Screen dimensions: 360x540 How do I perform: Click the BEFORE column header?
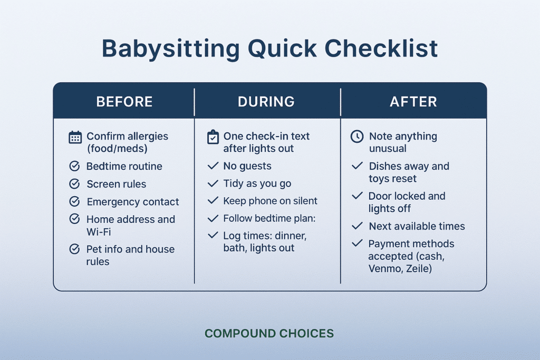(124, 102)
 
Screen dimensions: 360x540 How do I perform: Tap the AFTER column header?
(413, 102)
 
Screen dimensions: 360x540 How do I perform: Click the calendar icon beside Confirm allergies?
(75, 137)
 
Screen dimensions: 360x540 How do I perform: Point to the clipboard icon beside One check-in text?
(213, 137)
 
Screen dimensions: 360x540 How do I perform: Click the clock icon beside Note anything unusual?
(357, 137)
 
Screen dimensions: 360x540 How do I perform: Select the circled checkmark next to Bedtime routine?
(75, 167)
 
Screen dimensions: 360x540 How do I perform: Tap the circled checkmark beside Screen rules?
(75, 184)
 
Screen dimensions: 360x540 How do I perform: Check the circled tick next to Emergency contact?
(75, 202)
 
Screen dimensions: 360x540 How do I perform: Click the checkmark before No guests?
(213, 166)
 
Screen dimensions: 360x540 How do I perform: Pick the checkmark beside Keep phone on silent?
(213, 201)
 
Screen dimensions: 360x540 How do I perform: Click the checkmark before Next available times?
(358, 226)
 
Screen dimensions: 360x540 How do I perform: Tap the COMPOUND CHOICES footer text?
(269, 334)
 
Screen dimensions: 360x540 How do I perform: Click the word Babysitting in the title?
(169, 48)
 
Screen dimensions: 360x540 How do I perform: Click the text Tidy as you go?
(257, 183)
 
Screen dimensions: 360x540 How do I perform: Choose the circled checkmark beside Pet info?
(75, 249)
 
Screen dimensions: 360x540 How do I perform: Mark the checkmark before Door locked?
(358, 196)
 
